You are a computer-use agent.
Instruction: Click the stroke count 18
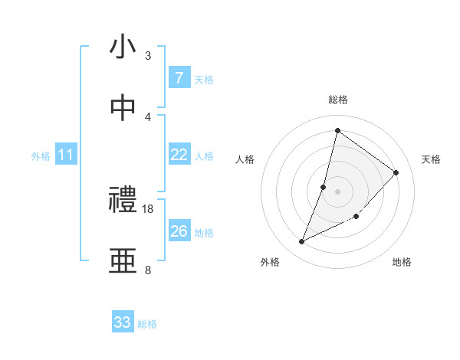[x=148, y=208]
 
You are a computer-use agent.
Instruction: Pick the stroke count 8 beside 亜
[x=148, y=270]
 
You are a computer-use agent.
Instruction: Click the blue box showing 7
[x=179, y=78]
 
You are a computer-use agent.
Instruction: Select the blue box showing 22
[x=179, y=155]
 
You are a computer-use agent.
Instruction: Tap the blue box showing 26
[x=179, y=231]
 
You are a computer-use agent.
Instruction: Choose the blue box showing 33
[x=123, y=322]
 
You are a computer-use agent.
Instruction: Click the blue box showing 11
[x=65, y=155]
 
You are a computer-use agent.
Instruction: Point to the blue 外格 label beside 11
[x=41, y=155]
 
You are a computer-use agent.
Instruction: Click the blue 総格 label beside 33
[x=147, y=324]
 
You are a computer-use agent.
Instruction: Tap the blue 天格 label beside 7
[x=203, y=79]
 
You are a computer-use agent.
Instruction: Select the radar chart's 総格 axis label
[x=337, y=100]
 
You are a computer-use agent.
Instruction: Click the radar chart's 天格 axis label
[x=431, y=159]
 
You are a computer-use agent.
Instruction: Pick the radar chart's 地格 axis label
[x=402, y=262]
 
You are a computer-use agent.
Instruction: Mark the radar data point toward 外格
[x=302, y=242]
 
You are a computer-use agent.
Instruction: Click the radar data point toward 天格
[x=396, y=172]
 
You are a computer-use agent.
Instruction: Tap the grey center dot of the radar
[x=337, y=191]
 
